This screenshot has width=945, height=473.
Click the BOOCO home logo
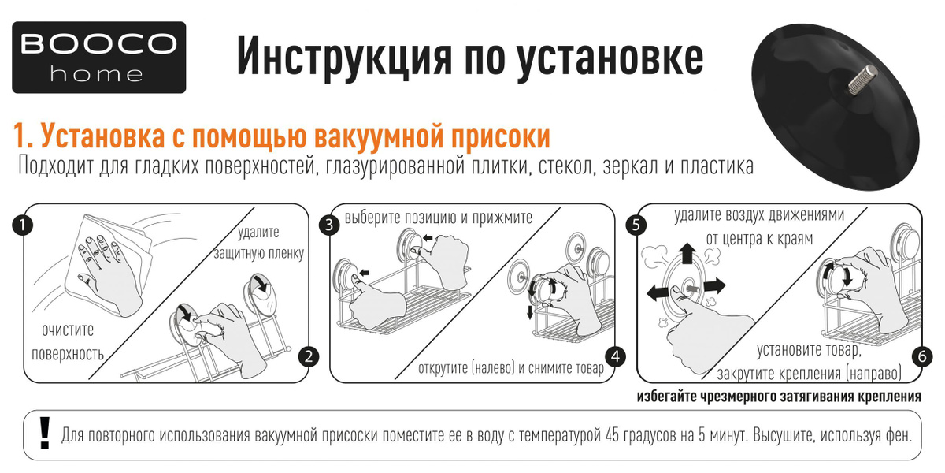click(98, 58)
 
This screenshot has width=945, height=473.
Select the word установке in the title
click(610, 58)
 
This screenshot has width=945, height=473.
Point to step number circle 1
click(22, 225)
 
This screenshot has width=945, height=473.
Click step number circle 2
click(309, 357)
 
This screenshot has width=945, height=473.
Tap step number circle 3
click(329, 225)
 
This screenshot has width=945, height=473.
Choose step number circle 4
click(616, 357)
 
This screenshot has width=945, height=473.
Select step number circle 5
click(636, 225)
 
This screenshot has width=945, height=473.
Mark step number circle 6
click(922, 357)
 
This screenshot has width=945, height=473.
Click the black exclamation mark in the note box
click(44, 433)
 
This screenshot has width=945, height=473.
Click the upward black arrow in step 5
click(687, 253)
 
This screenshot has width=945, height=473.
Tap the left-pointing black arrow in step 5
click(658, 292)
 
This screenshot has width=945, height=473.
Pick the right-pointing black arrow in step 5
click(713, 287)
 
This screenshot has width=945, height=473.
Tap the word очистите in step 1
click(68, 330)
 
